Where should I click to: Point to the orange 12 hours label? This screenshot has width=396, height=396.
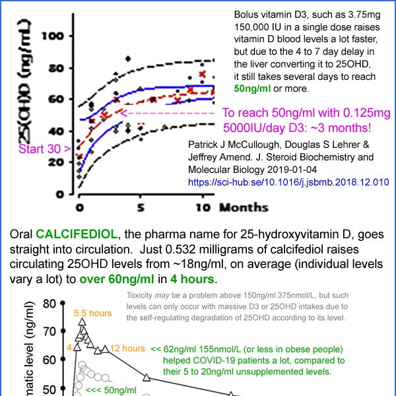click(x=127, y=348)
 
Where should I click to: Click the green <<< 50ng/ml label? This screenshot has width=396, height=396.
click(x=106, y=389)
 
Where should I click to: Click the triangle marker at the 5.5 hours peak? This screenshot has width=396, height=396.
click(x=82, y=322)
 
